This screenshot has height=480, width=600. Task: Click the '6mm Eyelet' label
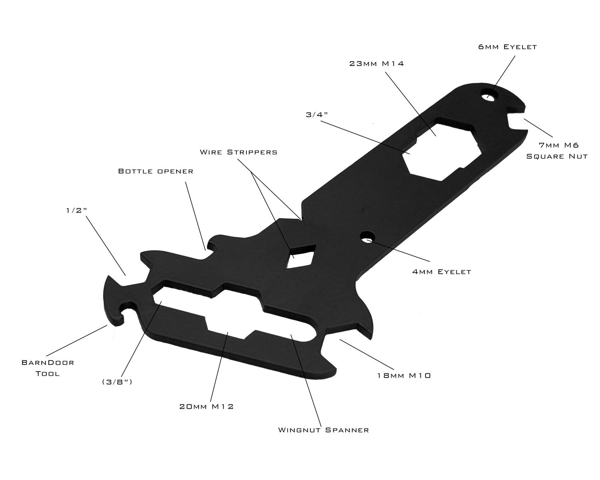pyautogui.click(x=507, y=47)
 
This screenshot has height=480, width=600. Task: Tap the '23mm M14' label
pyautogui.click(x=376, y=63)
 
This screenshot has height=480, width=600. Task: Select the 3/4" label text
pyautogui.click(x=317, y=114)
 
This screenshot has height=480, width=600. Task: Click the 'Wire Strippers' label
pyautogui.click(x=238, y=152)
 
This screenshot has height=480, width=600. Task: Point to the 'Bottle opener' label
pyautogui.click(x=156, y=171)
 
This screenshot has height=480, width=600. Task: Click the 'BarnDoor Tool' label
pyautogui.click(x=47, y=368)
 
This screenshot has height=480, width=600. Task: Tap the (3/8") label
pyautogui.click(x=117, y=382)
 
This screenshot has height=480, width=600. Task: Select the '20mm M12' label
pyautogui.click(x=206, y=406)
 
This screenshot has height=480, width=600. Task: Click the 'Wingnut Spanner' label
pyautogui.click(x=323, y=430)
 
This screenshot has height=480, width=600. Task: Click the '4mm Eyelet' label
pyautogui.click(x=442, y=272)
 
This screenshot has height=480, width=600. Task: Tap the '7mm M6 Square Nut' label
pyautogui.click(x=557, y=150)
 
